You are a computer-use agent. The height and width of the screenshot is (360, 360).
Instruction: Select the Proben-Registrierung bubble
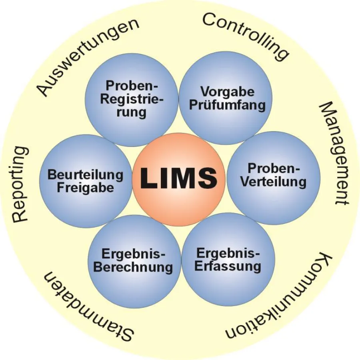132,99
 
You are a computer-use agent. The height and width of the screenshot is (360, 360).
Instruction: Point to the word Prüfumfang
228,105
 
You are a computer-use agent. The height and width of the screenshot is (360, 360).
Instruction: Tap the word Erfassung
228,265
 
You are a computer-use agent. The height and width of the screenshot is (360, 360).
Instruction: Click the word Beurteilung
85,175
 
